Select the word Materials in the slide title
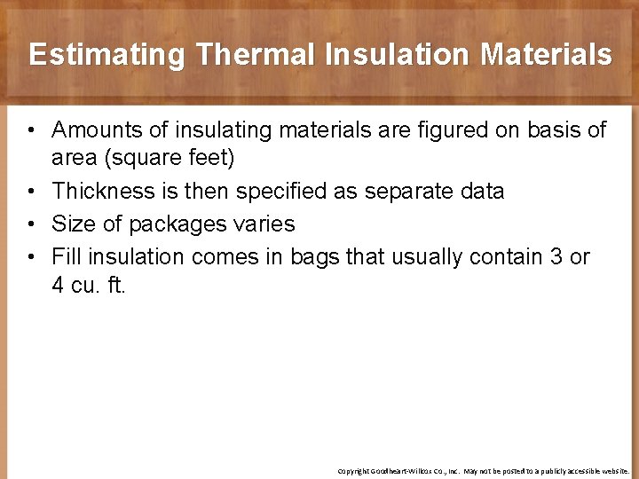[546, 55]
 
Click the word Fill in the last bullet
[66, 257]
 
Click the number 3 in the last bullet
[556, 257]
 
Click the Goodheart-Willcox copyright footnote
[483, 471]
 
